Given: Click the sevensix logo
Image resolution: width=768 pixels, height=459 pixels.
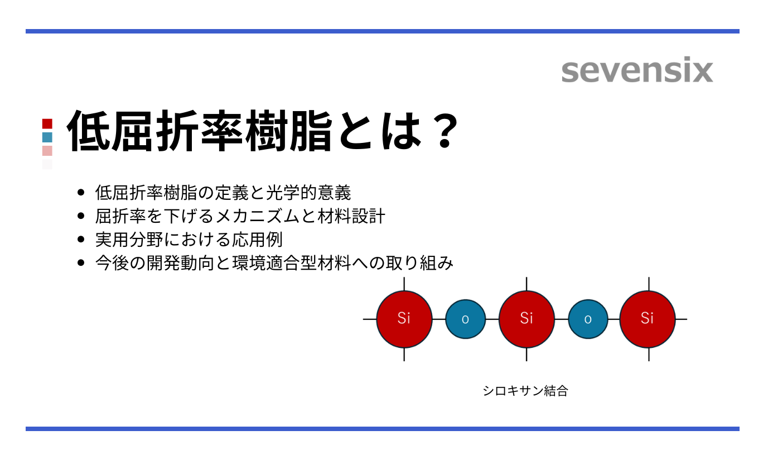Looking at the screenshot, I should click(637, 71).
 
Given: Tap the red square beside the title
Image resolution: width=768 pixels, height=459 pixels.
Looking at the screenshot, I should click(47, 123).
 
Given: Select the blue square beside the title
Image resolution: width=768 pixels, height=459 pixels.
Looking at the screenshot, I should click(47, 137).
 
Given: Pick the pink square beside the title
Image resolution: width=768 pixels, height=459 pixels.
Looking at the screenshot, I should click(47, 151).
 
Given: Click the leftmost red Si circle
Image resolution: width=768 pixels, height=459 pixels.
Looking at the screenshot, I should click(404, 319).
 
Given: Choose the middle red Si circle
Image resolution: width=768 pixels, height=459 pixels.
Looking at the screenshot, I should click(527, 319).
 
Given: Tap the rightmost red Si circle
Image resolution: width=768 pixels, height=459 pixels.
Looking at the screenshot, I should click(647, 319).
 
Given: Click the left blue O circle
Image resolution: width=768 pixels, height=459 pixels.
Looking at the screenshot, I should click(465, 319).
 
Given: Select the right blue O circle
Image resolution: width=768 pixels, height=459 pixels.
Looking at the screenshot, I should click(588, 319).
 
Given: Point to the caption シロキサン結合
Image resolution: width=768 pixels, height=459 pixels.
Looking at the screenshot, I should click(525, 391).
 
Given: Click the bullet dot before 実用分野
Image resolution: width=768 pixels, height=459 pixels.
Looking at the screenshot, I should click(81, 240).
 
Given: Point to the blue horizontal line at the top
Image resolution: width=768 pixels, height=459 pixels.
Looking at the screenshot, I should click(383, 31).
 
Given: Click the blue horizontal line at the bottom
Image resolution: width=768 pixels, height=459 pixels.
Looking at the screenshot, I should click(383, 429).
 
